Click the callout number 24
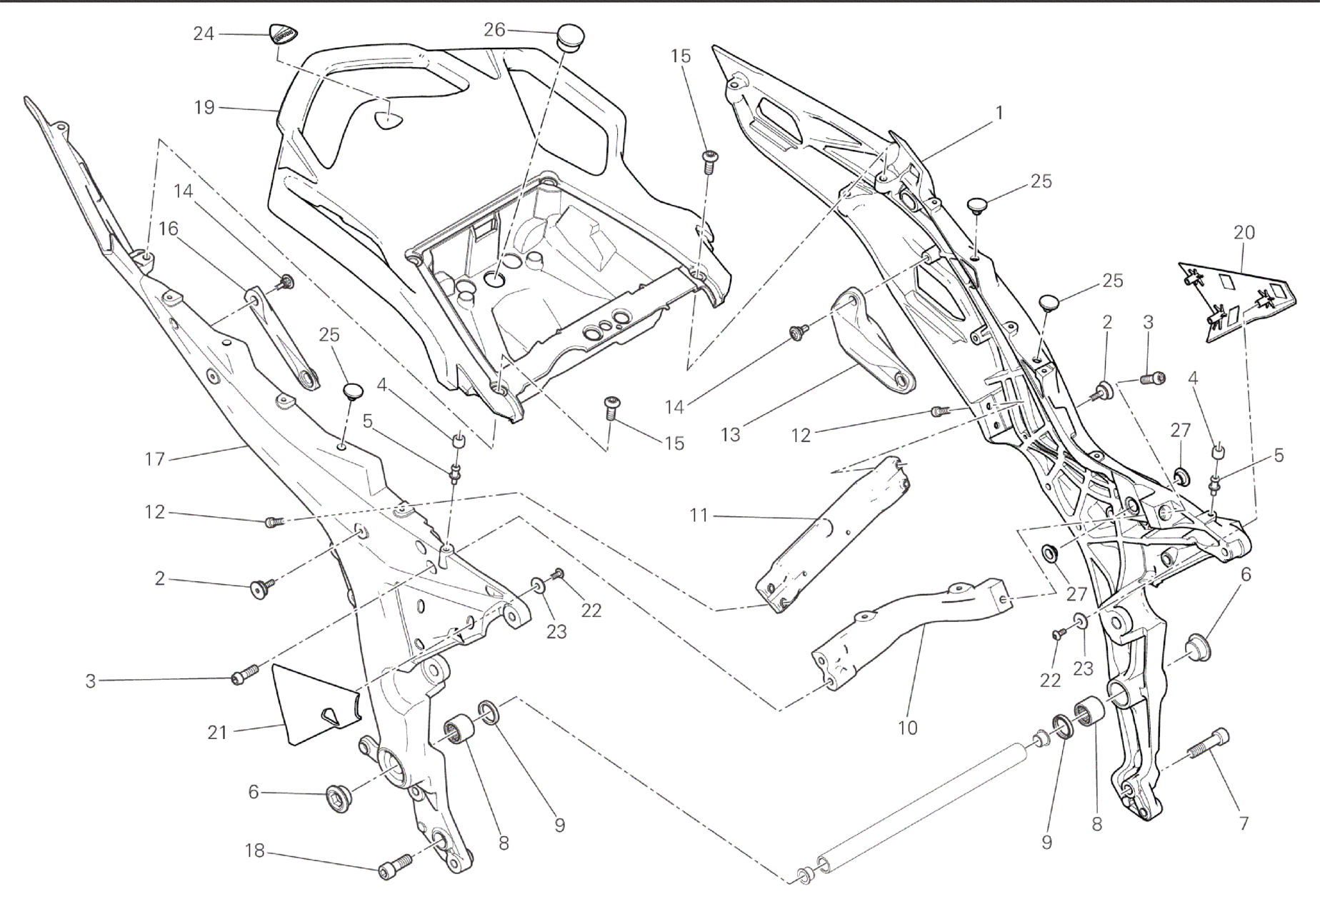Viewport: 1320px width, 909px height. point(204,34)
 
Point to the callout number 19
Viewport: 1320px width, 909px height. point(204,108)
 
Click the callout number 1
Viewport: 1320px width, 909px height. point(999,113)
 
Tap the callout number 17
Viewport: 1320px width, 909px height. point(155,458)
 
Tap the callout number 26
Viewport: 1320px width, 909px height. point(494,29)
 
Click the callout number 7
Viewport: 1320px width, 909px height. point(1244,823)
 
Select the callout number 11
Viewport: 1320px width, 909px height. point(699,514)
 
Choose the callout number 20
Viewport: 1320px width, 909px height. point(1244,232)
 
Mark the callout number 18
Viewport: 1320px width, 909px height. point(254,850)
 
